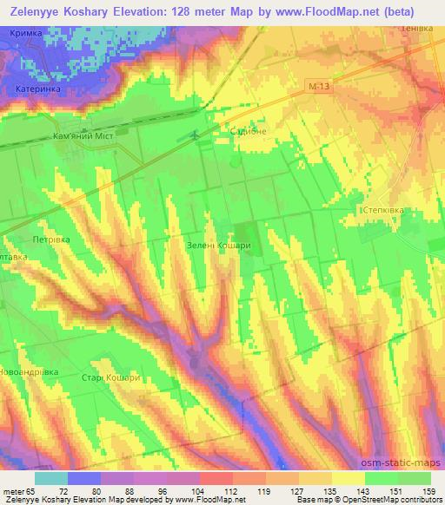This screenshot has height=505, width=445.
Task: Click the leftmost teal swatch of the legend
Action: click(51, 479)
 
